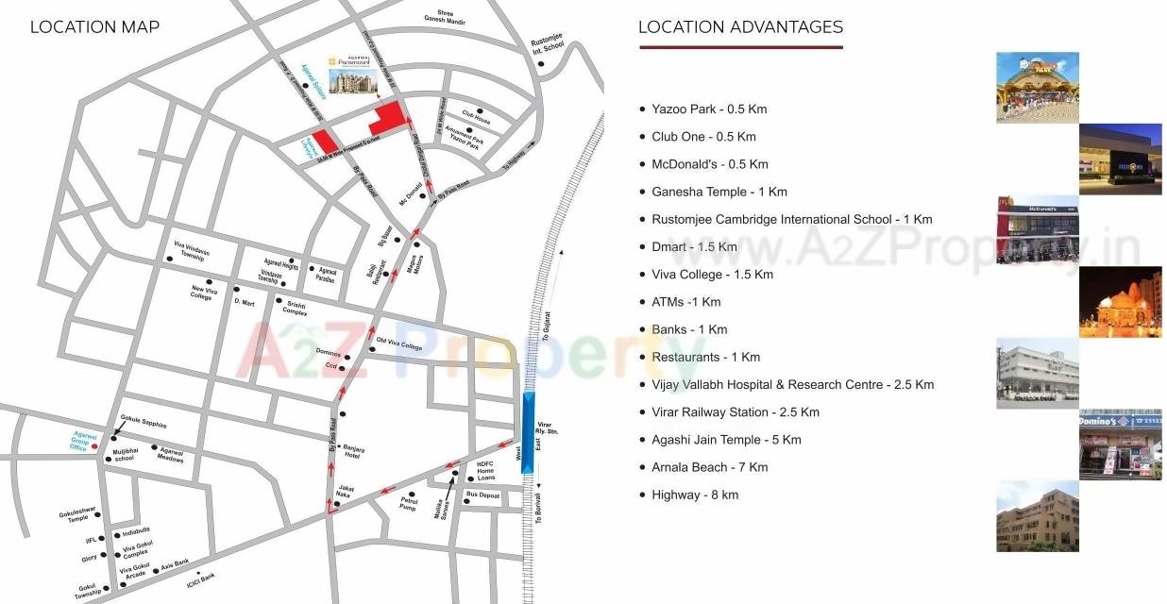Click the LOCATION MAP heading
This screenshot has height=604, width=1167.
[94, 27]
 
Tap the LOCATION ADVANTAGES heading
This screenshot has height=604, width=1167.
[740, 27]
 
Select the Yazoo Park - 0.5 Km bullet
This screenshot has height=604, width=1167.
[708, 109]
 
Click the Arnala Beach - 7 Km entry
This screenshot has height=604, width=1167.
[708, 467]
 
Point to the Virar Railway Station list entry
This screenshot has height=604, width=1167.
[735, 412]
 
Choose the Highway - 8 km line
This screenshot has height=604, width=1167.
[694, 495]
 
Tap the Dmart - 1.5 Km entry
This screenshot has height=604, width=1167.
[693, 247]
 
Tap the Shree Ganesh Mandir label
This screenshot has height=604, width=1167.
[447, 16]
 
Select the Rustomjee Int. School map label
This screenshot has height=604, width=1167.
[548, 47]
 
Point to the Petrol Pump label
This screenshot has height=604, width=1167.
[408, 503]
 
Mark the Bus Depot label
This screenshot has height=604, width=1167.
[482, 495]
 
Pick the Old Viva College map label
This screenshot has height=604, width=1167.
[399, 344]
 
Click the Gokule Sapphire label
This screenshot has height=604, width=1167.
[144, 426]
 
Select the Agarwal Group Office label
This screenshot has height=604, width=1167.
[79, 441]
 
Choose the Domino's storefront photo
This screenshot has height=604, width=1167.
[1120, 445]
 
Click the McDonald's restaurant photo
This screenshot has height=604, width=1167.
[1037, 230]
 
